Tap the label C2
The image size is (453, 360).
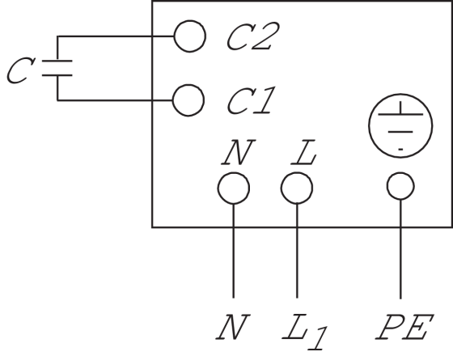pyautogui.click(x=253, y=36)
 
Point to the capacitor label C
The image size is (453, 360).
pyautogui.click(x=21, y=70)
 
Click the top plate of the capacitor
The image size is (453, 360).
pyautogui.click(x=57, y=61)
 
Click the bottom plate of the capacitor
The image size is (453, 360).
pyautogui.click(x=57, y=75)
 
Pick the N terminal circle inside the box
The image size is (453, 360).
pyautogui.click(x=234, y=173)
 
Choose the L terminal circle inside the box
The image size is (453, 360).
pyautogui.click(x=297, y=173)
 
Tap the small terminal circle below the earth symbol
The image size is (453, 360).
pyautogui.click(x=400, y=173)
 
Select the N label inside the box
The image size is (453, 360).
pyautogui.click(x=239, y=152)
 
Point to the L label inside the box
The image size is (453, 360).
pyautogui.click(x=304, y=152)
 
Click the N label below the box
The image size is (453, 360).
pyautogui.click(x=233, y=327)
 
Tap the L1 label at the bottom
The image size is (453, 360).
pyautogui.click(x=305, y=331)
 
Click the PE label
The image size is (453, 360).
pyautogui.click(x=404, y=327)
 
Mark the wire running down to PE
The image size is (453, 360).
pyautogui.click(x=400, y=249)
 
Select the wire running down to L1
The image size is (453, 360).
pyautogui.click(x=297, y=251)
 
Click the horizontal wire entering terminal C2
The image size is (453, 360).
pyautogui.click(x=116, y=36)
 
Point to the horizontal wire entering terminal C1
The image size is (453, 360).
pyautogui.click(x=115, y=100)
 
